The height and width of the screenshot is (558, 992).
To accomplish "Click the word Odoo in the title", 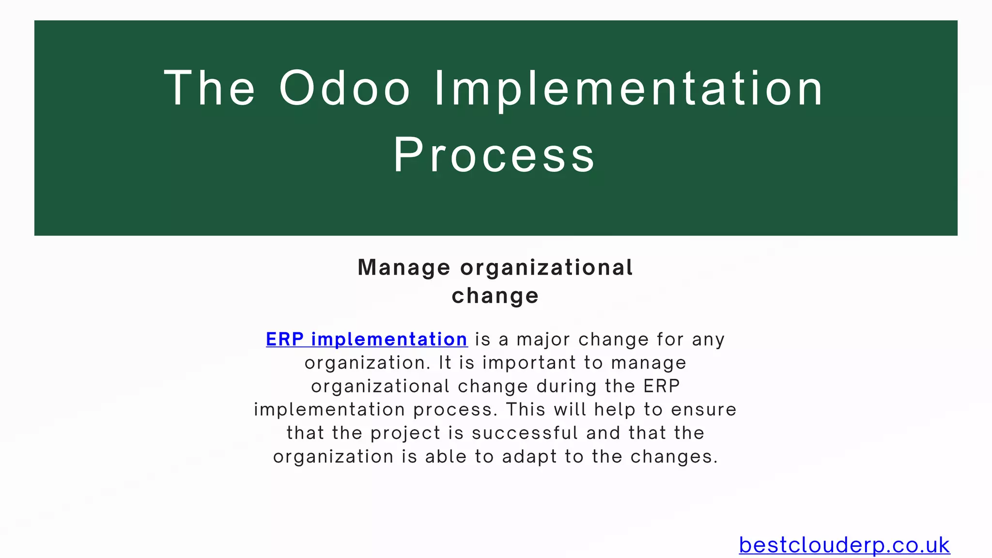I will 345,88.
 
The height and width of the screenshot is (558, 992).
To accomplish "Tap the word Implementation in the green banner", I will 628,88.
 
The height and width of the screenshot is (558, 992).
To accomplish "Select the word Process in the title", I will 494,155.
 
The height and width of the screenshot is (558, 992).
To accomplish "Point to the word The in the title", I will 209,88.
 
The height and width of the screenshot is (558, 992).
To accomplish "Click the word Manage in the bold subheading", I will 404,267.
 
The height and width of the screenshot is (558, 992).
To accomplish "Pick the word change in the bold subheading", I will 495,295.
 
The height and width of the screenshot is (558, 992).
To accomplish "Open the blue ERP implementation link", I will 367,339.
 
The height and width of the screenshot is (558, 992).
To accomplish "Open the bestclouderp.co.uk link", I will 844,545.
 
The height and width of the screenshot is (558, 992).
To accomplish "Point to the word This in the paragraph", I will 526,409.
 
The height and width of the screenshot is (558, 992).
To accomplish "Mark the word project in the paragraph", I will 405,433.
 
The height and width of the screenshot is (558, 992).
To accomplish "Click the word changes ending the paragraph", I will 674,457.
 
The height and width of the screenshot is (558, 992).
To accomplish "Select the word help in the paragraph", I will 615,409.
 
